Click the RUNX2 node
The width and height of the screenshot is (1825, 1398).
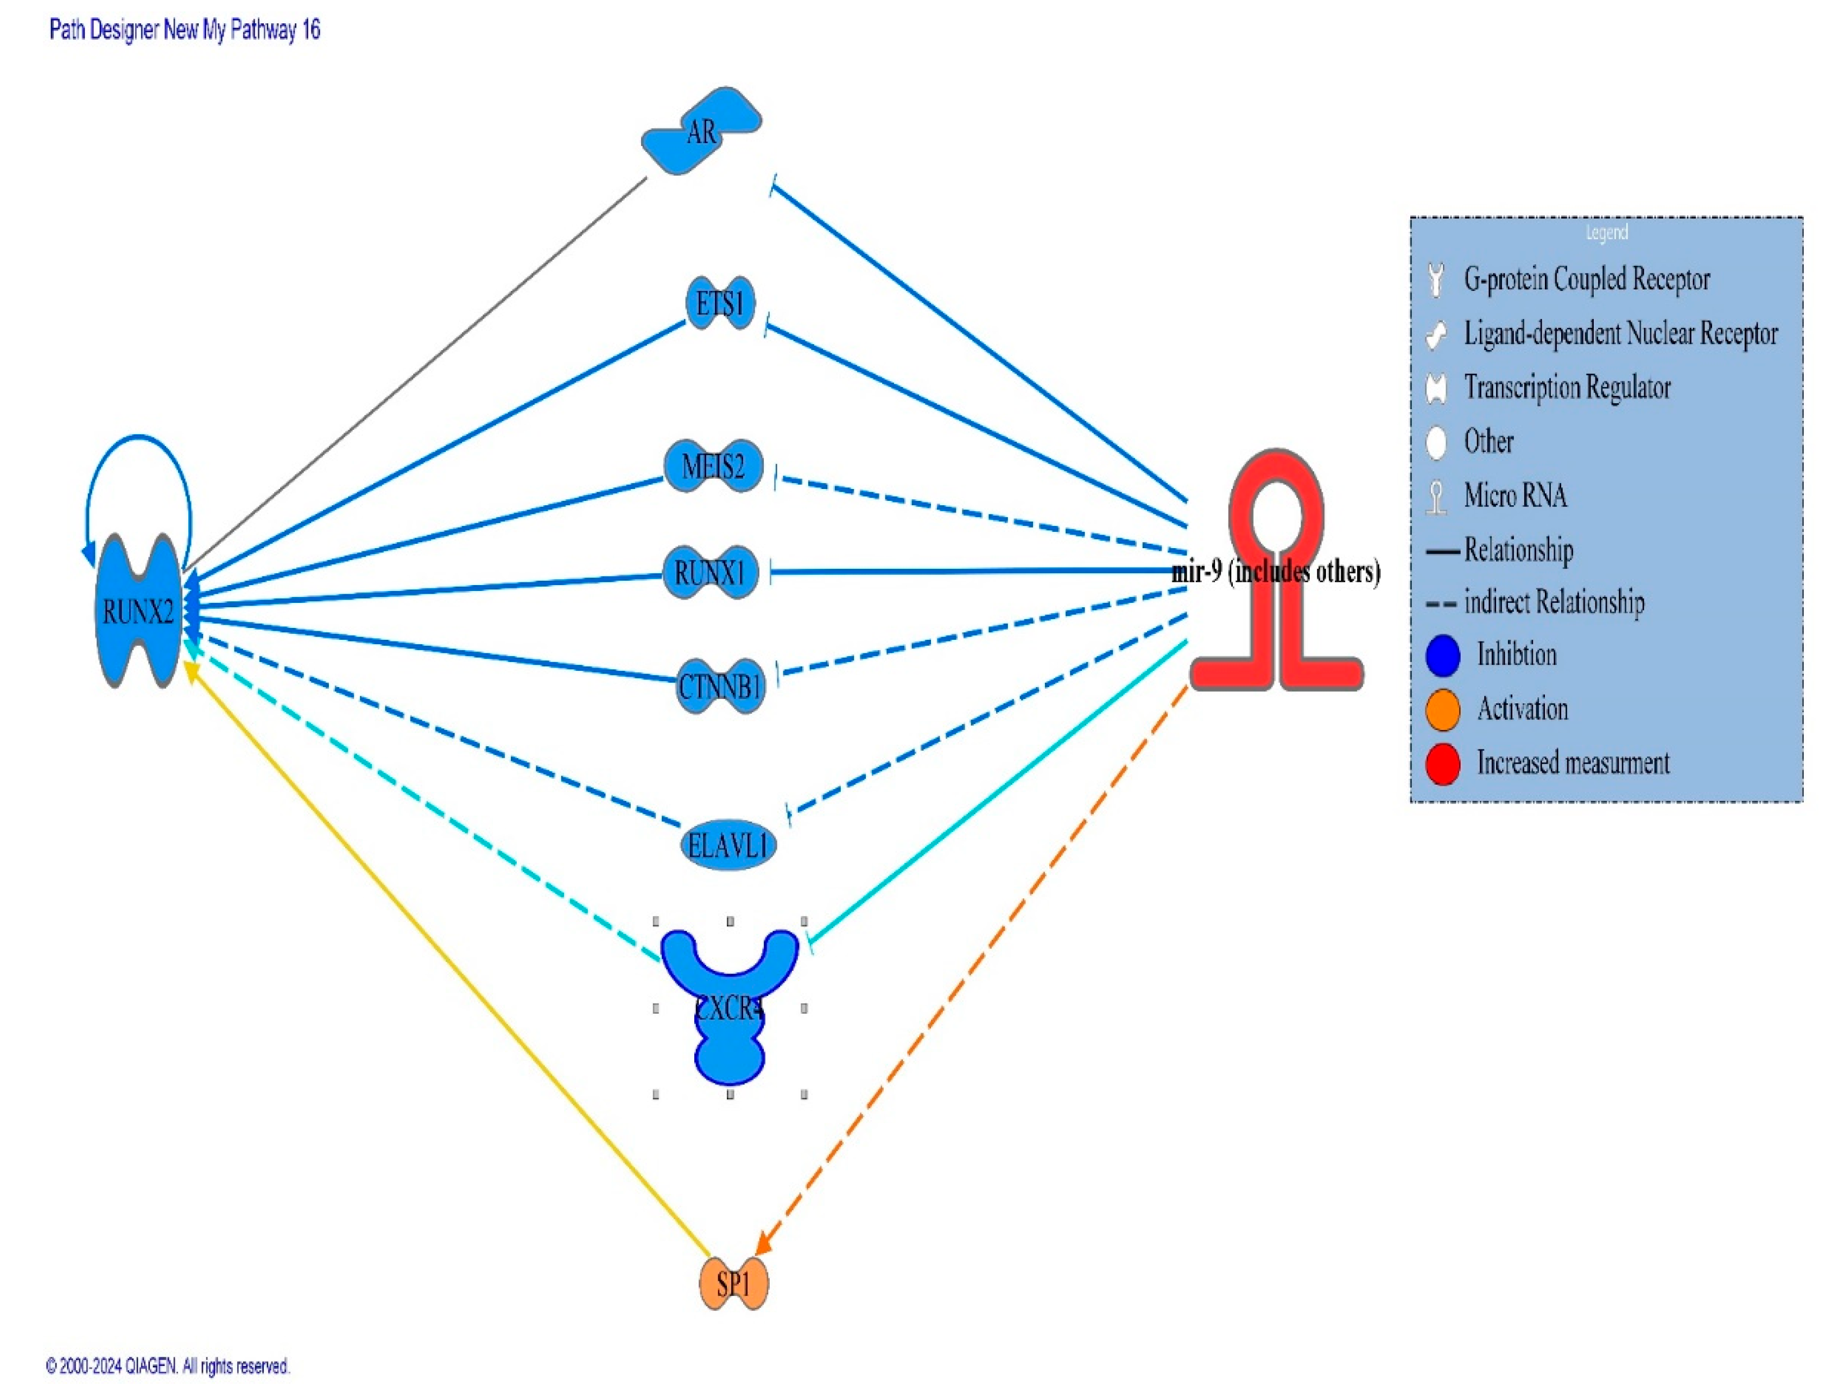[138, 612]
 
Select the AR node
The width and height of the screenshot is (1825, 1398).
[701, 131]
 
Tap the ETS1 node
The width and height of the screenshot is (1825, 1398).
[719, 304]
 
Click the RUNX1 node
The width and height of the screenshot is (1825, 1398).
[710, 573]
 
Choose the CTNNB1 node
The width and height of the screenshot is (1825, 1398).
[720, 687]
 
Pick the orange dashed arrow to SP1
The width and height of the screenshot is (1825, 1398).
[974, 965]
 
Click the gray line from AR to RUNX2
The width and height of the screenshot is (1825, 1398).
[416, 374]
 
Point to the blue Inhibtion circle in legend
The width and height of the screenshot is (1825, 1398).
[1442, 655]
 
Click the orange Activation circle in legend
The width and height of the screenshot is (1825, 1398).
[1442, 709]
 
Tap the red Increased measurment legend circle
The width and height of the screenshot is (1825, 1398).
[1442, 763]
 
